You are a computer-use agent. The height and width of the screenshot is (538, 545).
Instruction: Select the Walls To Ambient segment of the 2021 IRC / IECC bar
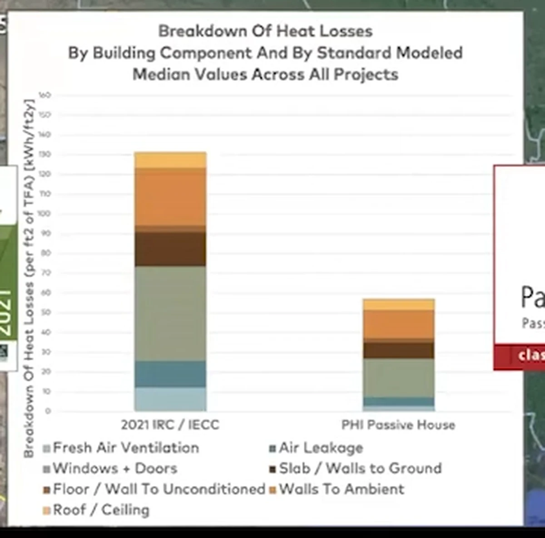coord(170,196)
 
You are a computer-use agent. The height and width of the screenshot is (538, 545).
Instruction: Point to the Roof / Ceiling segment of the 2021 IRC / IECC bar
coord(170,160)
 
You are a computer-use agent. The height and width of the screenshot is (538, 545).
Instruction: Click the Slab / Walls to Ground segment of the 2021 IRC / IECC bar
coord(170,249)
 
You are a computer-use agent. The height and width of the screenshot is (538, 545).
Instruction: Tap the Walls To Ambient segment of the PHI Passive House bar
coord(398,324)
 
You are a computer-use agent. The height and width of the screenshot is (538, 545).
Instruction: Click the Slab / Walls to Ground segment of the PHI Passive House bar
coord(398,350)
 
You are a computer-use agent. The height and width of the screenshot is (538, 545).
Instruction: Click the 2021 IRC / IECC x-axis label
coord(170,425)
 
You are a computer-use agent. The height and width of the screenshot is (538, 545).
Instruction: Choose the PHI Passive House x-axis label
coord(398,425)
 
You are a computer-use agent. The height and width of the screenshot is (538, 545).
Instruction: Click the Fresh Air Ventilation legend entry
coord(125,448)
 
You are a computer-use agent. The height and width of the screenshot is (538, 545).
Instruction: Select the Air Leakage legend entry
coord(321,448)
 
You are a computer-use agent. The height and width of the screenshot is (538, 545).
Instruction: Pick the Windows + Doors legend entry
coord(114,468)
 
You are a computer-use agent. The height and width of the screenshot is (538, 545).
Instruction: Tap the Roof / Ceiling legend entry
coord(100,510)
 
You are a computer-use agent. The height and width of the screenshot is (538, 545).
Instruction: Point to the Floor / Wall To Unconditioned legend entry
coord(159,489)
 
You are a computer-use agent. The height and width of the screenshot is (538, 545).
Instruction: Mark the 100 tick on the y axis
coord(45,214)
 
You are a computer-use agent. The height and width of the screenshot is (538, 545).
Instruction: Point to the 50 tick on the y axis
coord(45,313)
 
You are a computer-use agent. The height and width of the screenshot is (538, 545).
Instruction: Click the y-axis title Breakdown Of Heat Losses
coord(29,278)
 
